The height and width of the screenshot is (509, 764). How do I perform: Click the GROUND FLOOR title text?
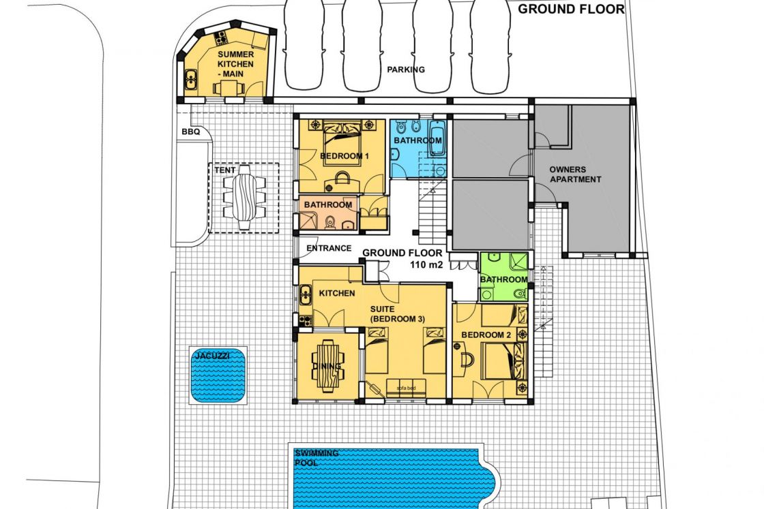click(571, 10)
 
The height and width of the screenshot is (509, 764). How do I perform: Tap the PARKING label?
click(406, 70)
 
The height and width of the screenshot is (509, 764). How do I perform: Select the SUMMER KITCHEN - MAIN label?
click(235, 64)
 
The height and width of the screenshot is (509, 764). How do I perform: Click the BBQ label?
click(190, 132)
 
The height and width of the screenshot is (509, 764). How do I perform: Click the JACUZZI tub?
click(218, 375)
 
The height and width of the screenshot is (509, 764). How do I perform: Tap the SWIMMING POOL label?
click(317, 458)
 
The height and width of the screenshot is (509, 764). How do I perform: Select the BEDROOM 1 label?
click(344, 156)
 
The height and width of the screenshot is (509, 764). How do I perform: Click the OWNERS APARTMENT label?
click(575, 174)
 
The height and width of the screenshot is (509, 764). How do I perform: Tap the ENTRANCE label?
click(329, 248)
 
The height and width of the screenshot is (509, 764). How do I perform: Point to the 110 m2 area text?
click(426, 264)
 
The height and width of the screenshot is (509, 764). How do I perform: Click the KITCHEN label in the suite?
click(337, 294)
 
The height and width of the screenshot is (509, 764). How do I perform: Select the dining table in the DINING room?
click(327, 366)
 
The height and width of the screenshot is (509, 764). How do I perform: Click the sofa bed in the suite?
click(406, 387)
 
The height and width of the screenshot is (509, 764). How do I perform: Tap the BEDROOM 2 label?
click(486, 335)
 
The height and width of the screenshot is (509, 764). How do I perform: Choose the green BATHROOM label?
click(503, 279)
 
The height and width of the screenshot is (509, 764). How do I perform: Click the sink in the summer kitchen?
click(190, 80)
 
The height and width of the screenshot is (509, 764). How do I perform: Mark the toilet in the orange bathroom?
click(330, 223)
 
